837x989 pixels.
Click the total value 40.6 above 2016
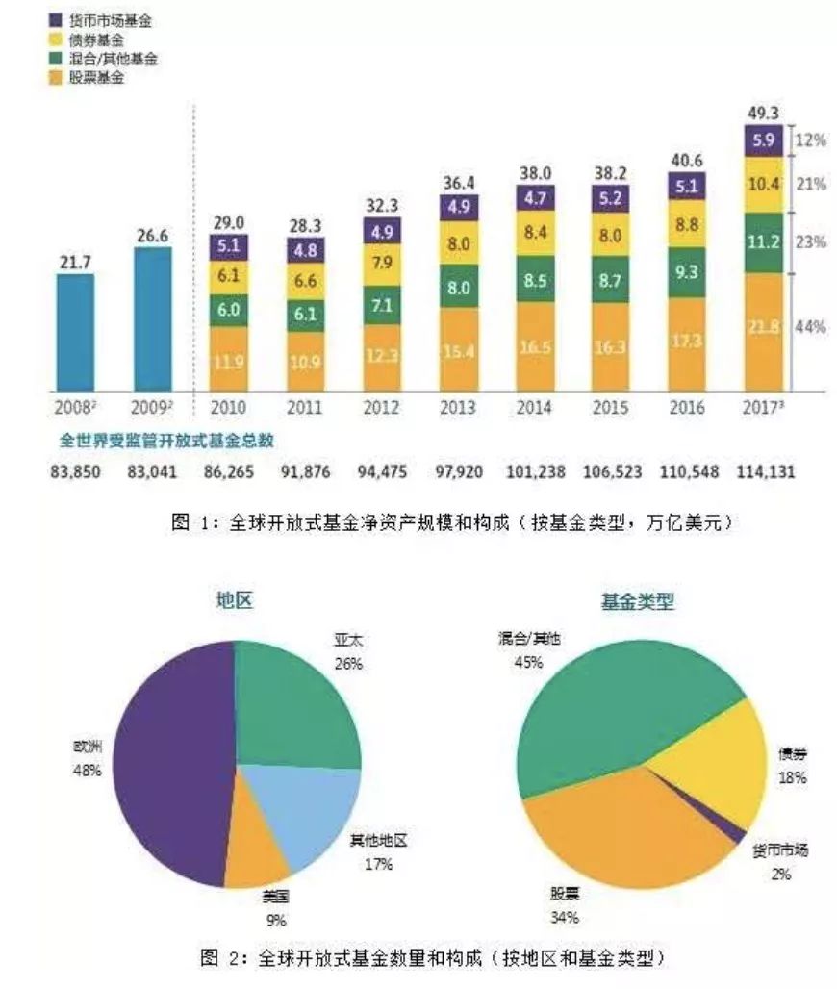click(x=684, y=161)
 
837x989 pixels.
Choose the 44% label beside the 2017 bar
click(x=811, y=327)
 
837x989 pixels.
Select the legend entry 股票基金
click(x=96, y=77)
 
